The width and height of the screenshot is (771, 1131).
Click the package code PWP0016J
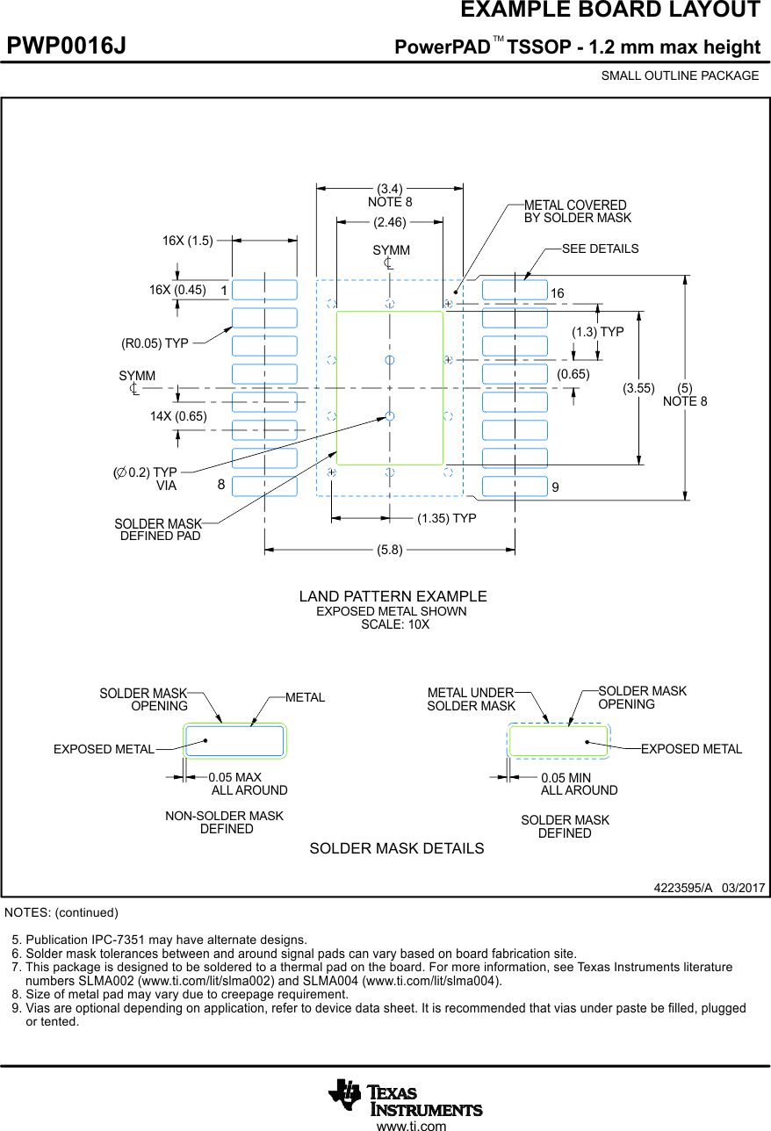[67, 46]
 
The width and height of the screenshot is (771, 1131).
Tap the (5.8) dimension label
[390, 551]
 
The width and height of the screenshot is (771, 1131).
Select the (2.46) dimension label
[390, 222]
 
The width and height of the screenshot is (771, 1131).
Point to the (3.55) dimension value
[638, 388]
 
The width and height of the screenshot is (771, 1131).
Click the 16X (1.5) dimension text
[188, 241]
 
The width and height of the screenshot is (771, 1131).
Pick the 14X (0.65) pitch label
[178, 416]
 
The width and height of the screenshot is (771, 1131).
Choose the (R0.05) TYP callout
[155, 343]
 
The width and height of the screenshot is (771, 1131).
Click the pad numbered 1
[264, 290]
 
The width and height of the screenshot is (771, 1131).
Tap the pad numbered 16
[515, 290]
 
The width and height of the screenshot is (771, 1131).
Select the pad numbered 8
[264, 486]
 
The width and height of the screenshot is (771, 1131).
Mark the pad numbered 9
[515, 486]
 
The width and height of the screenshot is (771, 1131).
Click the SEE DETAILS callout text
[601, 249]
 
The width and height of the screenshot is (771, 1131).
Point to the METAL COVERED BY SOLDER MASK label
[577, 212]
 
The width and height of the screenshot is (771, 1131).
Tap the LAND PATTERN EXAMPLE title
[393, 596]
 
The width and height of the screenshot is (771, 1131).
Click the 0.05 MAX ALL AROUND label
[246, 784]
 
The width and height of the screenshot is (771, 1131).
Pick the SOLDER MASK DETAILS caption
[396, 848]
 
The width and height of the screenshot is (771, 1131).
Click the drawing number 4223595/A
[682, 888]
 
